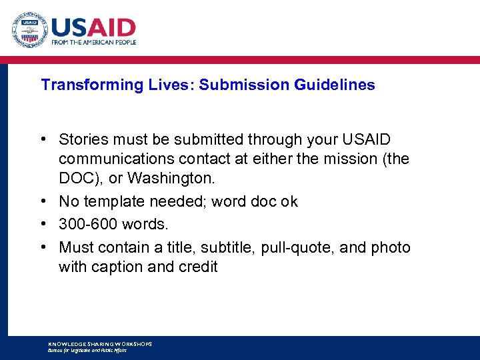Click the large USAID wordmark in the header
(x=93, y=27)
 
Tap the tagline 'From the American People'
(x=94, y=42)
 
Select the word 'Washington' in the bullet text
(x=180, y=179)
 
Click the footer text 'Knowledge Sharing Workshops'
(x=100, y=344)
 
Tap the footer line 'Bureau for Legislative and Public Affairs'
(x=87, y=350)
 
